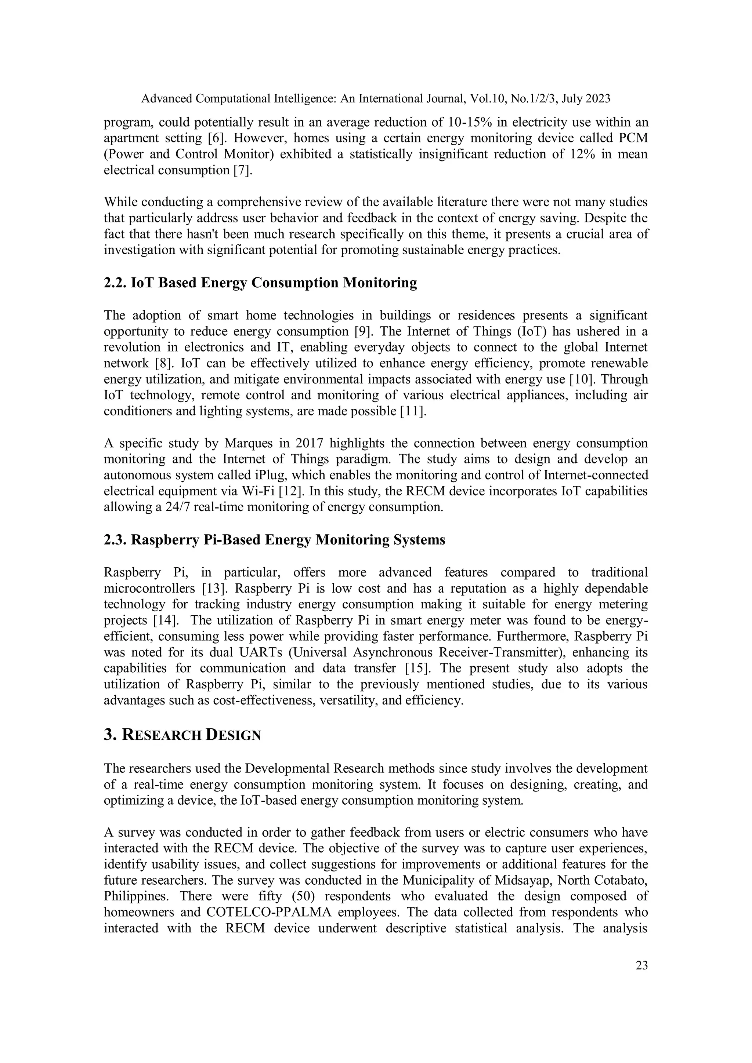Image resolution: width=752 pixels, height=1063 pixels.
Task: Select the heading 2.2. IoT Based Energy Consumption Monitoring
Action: pyautogui.click(x=260, y=283)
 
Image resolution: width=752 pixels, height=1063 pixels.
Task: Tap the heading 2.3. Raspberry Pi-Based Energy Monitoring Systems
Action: pyautogui.click(x=274, y=540)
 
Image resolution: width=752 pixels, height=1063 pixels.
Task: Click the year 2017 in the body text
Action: pyautogui.click(x=308, y=443)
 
